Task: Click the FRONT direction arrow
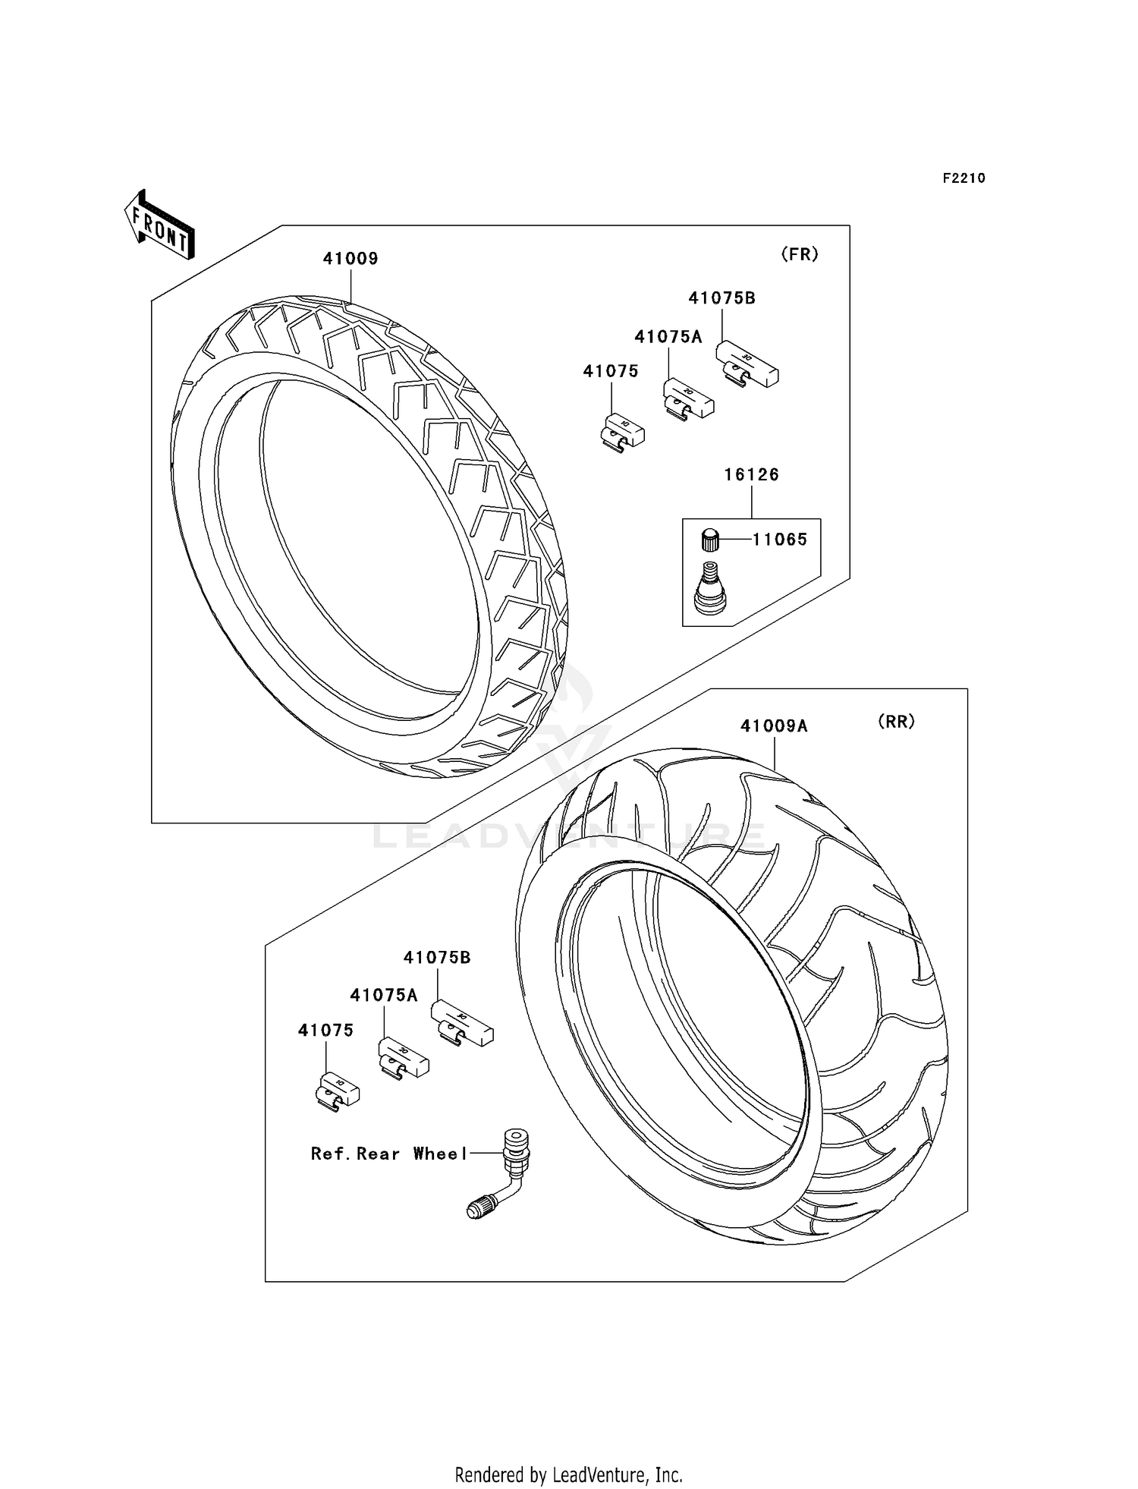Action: pyautogui.click(x=159, y=225)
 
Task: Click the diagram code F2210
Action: pyautogui.click(x=964, y=178)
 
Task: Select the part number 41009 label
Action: pyautogui.click(x=351, y=259)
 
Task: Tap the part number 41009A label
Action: pyautogui.click(x=774, y=726)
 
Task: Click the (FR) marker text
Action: pyautogui.click(x=800, y=255)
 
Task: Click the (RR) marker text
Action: pyautogui.click(x=896, y=722)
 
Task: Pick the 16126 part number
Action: pyautogui.click(x=751, y=475)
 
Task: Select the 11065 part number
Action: pyautogui.click(x=779, y=540)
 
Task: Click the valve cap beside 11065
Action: pyautogui.click(x=709, y=540)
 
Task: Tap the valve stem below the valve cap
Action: pyautogui.click(x=711, y=587)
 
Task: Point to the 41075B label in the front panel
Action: pyautogui.click(x=721, y=298)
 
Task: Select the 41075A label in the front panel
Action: pyautogui.click(x=668, y=337)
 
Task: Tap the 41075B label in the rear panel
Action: pyautogui.click(x=437, y=958)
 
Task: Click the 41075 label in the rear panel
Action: pyautogui.click(x=325, y=1031)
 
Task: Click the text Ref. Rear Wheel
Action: pyautogui.click(x=389, y=1154)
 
